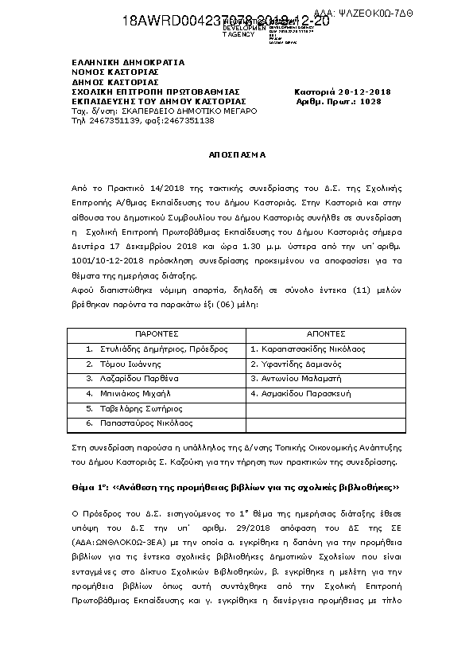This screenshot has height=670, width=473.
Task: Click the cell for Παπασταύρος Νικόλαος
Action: pyautogui.click(x=149, y=423)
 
